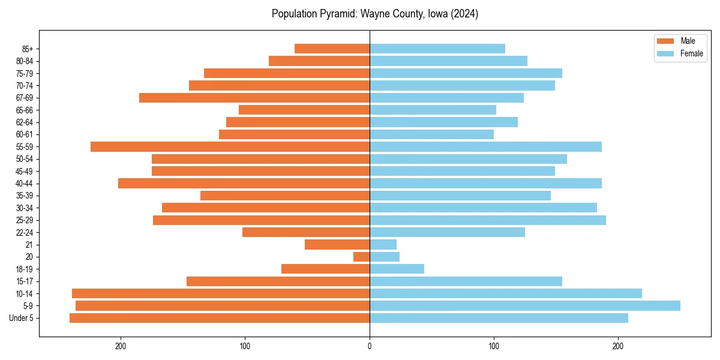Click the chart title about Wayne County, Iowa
point(374,14)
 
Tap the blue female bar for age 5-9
point(524,305)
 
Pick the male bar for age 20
point(362,257)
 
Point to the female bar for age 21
point(383,245)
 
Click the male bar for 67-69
point(254,98)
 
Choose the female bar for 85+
point(437,49)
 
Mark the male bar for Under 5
point(220,318)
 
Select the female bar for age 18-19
point(397,269)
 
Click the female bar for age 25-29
point(487,220)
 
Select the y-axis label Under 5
point(21,318)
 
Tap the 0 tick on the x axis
point(370,346)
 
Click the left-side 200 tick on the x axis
point(121,346)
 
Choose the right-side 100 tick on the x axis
point(494,346)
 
